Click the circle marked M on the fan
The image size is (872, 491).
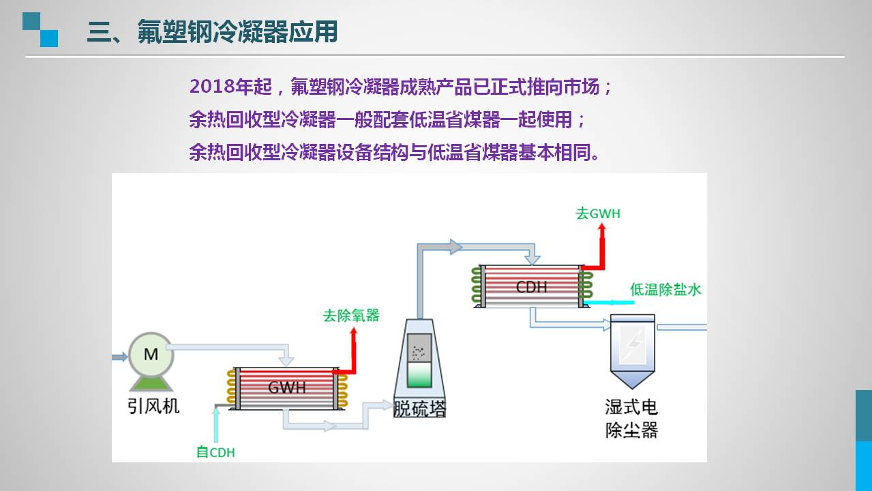pos(151,354)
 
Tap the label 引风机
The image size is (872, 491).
pos(153,406)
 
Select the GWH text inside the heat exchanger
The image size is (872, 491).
pos(286,388)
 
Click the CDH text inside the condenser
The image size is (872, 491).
pos(531,286)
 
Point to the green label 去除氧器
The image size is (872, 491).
pos(350,316)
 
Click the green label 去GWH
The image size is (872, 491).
pos(598,213)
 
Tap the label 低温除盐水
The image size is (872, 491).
pos(665,290)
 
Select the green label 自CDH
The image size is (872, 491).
pos(215,451)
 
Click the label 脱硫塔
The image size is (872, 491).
pos(419,408)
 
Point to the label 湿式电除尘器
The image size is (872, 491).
pos(631,419)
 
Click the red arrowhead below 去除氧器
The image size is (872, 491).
pos(353,333)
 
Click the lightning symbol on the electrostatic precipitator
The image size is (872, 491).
pos(633,344)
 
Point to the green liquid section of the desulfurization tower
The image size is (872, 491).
pos(419,375)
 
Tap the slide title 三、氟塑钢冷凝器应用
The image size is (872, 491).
pos(212,31)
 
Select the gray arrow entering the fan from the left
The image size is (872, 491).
pos(120,356)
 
